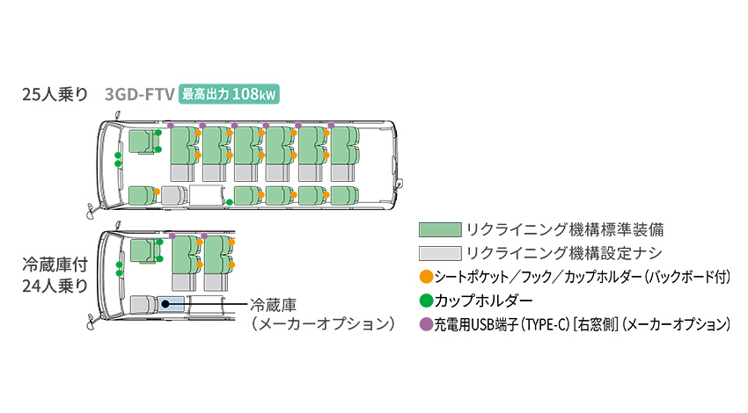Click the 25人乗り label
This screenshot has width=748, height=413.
(x=55, y=94)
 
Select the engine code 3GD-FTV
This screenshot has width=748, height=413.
(x=140, y=94)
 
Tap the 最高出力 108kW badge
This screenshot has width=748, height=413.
(x=229, y=94)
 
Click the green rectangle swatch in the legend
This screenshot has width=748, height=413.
(x=440, y=229)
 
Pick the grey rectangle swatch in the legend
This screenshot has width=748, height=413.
(x=440, y=253)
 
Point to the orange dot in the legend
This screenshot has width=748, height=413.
(x=426, y=277)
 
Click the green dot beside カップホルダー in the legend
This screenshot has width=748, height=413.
(x=426, y=301)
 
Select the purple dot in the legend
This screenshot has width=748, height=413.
(x=426, y=324)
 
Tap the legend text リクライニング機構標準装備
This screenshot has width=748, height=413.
(x=565, y=229)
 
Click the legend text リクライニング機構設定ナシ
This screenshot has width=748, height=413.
(x=564, y=253)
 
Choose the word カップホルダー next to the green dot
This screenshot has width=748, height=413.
(x=483, y=301)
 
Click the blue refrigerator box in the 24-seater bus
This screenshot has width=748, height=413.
(x=172, y=303)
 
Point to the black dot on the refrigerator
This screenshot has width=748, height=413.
(x=165, y=303)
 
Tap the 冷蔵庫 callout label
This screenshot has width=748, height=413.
(x=274, y=305)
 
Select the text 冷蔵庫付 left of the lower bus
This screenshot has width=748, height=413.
(x=55, y=264)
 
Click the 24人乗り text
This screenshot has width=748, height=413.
(x=55, y=286)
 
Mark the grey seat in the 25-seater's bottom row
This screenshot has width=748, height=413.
(x=173, y=196)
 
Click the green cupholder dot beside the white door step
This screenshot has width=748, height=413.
(x=230, y=202)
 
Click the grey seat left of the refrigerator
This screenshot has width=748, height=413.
(x=143, y=304)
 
